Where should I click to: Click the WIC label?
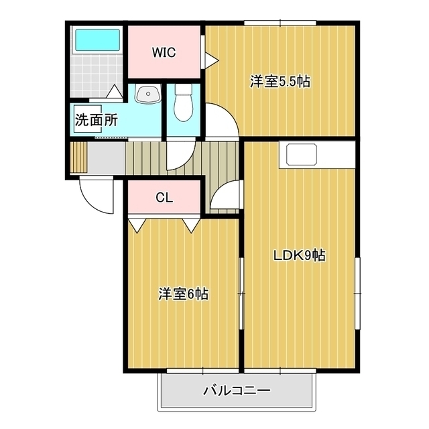[164, 52]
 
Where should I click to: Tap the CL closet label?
[164, 197]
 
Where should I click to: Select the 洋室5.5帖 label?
[280, 81]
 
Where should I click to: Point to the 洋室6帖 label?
[183, 294]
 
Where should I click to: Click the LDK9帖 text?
[300, 255]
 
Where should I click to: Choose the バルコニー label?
[237, 390]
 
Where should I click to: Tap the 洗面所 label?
[97, 120]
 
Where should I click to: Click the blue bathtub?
[97, 40]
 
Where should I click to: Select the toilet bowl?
[184, 103]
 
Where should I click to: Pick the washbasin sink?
[148, 94]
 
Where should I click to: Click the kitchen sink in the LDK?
[302, 155]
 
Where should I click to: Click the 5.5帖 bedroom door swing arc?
[229, 112]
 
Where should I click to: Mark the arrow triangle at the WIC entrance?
[212, 60]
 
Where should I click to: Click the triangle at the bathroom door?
[114, 91]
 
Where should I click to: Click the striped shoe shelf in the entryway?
[78, 158]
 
